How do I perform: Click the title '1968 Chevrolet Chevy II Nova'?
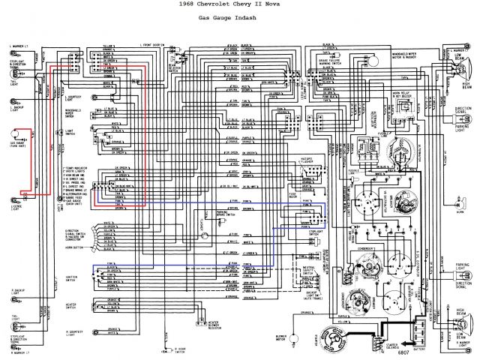point(240,7)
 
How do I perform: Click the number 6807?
point(403,352)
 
